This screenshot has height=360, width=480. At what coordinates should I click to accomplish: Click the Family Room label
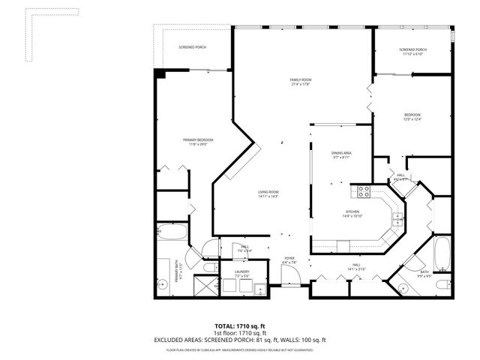pyautogui.click(x=301, y=82)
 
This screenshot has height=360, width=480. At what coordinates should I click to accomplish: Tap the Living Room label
pyautogui.click(x=268, y=194)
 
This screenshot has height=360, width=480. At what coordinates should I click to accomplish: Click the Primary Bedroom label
pyautogui.click(x=199, y=142)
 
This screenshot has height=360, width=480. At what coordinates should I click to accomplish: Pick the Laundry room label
pyautogui.click(x=241, y=274)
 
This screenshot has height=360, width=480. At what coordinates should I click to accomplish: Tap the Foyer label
pyautogui.click(x=289, y=259)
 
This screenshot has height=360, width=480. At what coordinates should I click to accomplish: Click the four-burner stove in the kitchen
pyautogui.click(x=364, y=190)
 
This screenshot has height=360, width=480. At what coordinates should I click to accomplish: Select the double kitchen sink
pyautogui.click(x=399, y=219)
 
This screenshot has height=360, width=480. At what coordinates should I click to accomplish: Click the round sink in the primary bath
pyautogui.click(x=160, y=284)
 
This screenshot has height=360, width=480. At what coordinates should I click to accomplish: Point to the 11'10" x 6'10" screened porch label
pyautogui.click(x=412, y=52)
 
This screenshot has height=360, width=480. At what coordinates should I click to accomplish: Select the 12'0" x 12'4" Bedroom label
pyautogui.click(x=413, y=117)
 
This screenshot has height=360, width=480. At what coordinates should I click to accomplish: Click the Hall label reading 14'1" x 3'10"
pyautogui.click(x=357, y=267)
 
